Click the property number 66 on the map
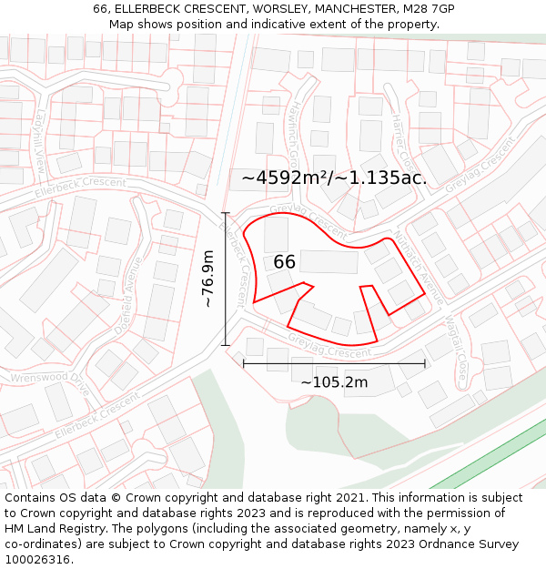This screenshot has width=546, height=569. coord(284,262)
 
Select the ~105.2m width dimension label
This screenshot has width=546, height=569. coord(334,382)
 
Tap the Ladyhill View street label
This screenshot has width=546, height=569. coord(39,150)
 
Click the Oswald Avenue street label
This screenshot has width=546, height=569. coord(128,296)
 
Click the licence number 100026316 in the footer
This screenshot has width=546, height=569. coord(37,560)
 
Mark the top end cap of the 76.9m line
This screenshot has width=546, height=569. coord(225,213)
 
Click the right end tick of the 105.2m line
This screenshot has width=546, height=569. coord(425,364)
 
